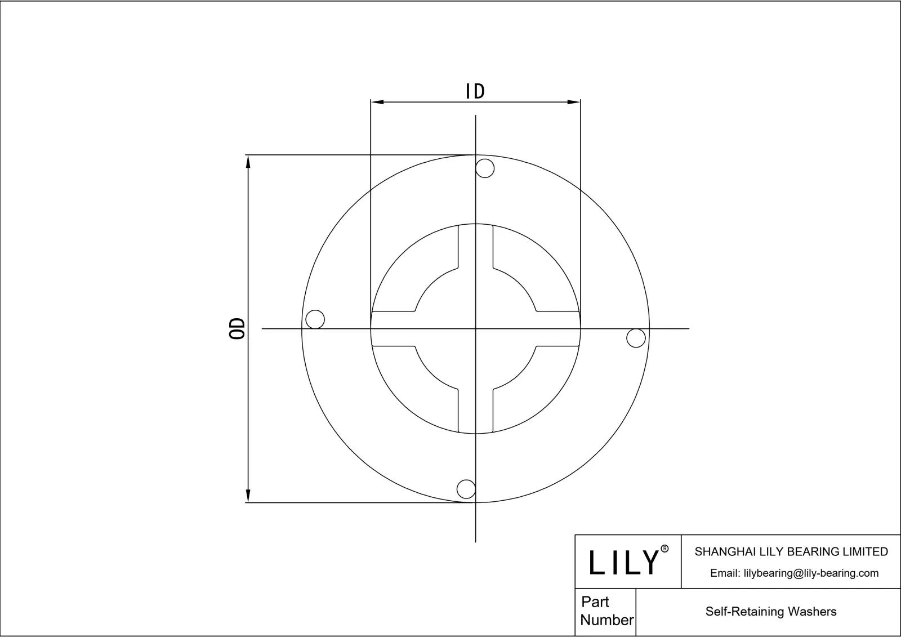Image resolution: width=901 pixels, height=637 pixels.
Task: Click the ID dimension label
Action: [475, 91]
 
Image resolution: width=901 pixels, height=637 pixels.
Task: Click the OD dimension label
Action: [238, 328]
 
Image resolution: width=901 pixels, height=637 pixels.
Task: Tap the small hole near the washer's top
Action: [485, 168]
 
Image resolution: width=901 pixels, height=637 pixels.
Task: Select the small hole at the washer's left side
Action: [315, 319]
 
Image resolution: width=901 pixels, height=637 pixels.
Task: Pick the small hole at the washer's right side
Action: [636, 338]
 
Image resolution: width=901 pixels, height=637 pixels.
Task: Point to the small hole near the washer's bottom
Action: [466, 489]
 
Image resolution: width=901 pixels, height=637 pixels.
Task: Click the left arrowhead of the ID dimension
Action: [377, 102]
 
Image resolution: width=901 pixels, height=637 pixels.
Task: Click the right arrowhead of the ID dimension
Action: [574, 102]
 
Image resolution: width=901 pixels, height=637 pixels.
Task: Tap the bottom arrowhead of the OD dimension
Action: [248, 496]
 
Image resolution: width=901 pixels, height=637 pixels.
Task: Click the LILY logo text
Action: [623, 562]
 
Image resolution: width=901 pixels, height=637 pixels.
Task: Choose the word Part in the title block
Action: [595, 602]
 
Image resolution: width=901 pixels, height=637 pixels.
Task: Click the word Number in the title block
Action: [606, 620]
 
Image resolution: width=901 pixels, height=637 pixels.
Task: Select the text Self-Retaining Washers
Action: [770, 612]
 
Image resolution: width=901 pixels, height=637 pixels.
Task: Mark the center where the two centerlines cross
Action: [476, 328]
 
